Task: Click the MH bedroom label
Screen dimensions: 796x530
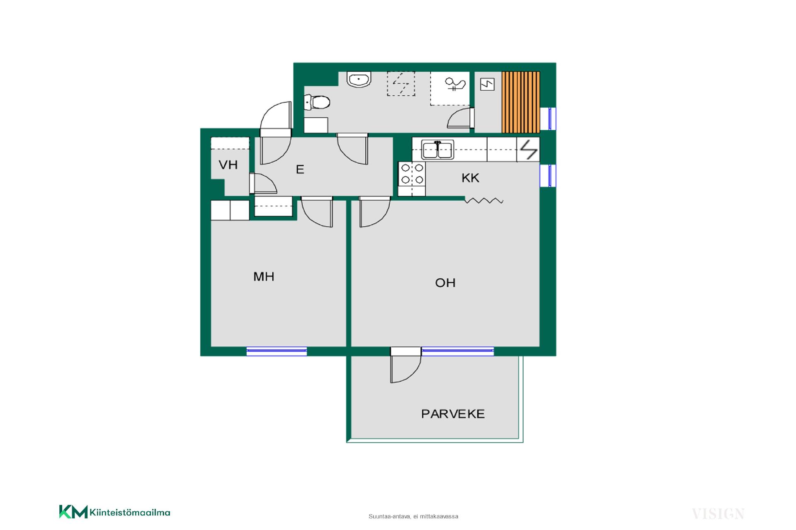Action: tap(264, 276)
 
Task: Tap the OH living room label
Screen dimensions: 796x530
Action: tap(445, 283)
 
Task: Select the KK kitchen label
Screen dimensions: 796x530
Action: tap(471, 178)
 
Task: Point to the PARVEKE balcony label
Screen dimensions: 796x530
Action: tap(453, 414)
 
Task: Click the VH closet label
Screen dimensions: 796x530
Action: tap(228, 165)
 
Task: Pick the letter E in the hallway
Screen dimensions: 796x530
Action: tap(300, 169)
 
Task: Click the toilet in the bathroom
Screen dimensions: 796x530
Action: tap(317, 102)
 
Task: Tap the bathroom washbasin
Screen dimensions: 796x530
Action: tap(359, 79)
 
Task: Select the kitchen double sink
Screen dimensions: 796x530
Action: tap(438, 150)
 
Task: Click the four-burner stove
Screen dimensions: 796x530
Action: tap(412, 174)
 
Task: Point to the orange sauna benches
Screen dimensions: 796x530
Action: tap(521, 102)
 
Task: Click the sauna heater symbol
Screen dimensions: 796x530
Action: tap(488, 85)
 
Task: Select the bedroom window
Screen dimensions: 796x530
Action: tap(277, 351)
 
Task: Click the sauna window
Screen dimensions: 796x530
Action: tap(549, 119)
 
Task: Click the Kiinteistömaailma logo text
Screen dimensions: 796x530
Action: tap(130, 513)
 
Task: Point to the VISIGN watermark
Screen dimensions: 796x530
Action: tap(718, 514)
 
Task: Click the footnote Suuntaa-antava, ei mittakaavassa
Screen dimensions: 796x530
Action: tap(413, 516)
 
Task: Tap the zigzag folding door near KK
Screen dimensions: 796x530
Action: tap(484, 201)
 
